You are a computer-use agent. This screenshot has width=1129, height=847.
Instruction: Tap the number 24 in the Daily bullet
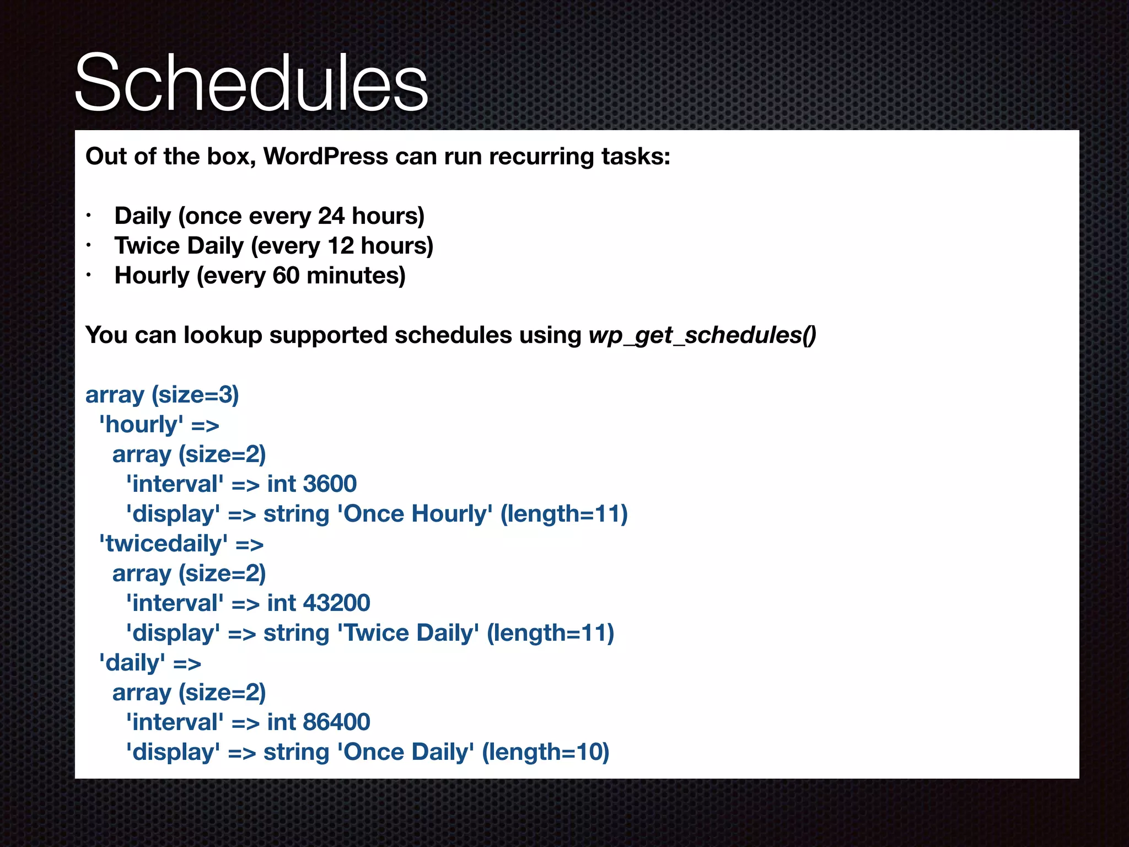coord(331,216)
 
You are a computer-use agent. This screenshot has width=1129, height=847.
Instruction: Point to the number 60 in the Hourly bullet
coord(286,276)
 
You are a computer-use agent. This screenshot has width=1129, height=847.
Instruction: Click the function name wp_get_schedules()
coord(702,335)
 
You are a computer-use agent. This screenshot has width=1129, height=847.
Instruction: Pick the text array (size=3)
coord(162,395)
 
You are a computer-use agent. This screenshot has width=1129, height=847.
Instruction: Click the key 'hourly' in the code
coord(141,425)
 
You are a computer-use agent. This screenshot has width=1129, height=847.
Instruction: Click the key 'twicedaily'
coord(163,544)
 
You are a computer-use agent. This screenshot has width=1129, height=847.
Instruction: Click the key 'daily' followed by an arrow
coord(132,663)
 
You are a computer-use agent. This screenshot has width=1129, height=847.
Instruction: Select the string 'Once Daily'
coord(405,752)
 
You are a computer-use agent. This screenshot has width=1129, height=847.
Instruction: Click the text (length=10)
coord(546,752)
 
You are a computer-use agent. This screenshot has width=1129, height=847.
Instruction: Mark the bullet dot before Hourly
coord(88,276)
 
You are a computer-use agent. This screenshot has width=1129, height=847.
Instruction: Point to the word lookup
coord(223,335)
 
